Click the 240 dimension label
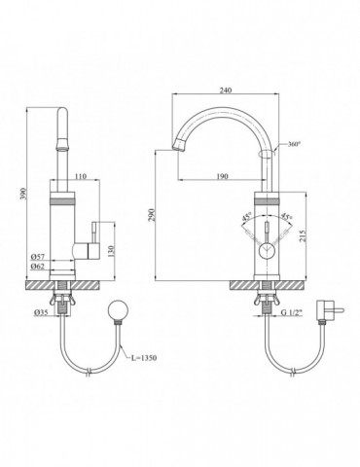tap(226, 90)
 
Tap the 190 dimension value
tap(222, 176)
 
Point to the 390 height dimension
tap(24, 194)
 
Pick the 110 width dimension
tap(81, 176)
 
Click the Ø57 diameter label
tap(38, 257)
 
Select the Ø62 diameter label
tap(38, 267)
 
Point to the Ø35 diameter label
tap(41, 312)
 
